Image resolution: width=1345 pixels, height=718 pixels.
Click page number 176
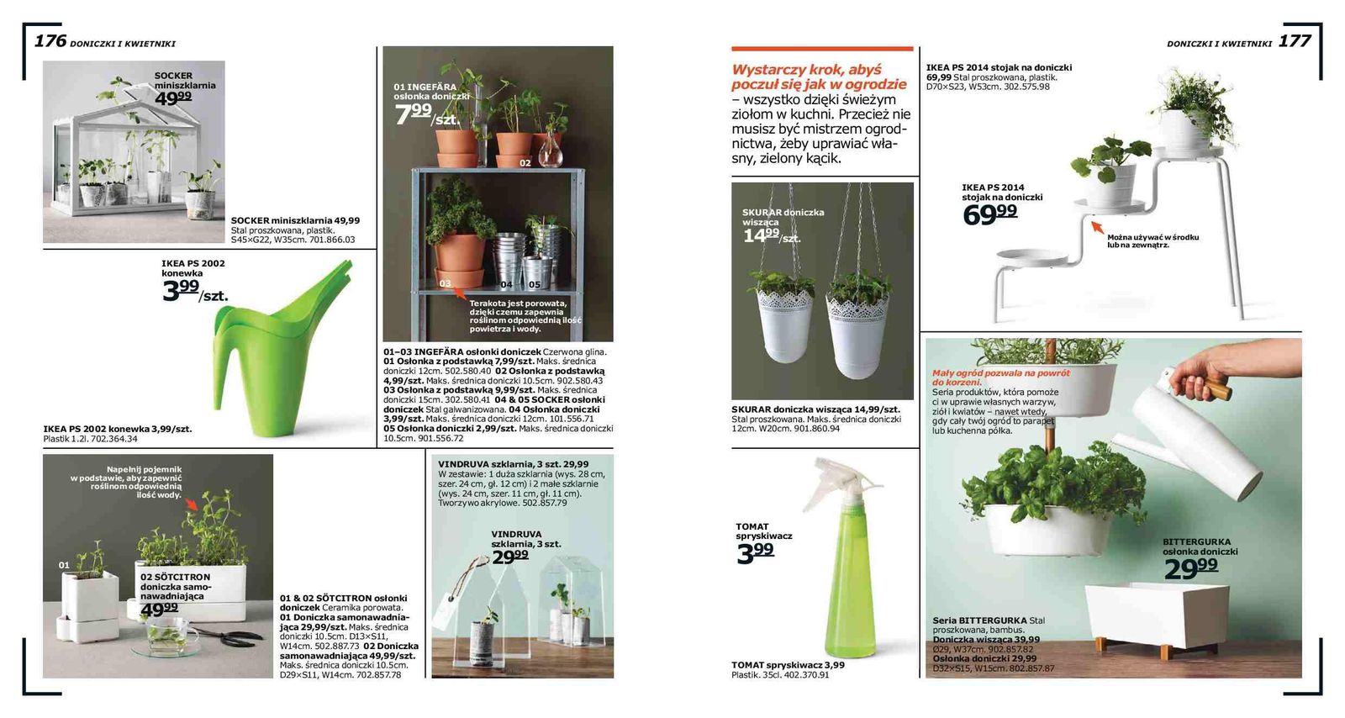tap(50, 40)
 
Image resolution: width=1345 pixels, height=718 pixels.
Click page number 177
tap(1294, 40)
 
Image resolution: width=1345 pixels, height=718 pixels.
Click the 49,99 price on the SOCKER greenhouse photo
tap(173, 98)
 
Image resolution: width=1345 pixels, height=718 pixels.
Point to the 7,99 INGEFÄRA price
tap(414, 114)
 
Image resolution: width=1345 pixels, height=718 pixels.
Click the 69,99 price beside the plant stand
tap(989, 214)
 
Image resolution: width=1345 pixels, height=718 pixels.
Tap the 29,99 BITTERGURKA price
tap(1190, 569)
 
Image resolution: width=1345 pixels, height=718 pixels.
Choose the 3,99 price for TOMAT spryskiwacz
tap(755, 553)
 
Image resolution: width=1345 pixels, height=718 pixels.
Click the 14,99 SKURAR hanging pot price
tap(761, 235)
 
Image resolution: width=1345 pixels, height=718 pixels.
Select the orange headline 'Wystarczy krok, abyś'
tap(806, 70)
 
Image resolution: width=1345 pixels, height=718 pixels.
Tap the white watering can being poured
tap(1194, 437)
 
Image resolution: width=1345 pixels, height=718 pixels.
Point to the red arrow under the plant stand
tap(1096, 226)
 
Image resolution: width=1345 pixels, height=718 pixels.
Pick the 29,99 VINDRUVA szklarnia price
tap(510, 557)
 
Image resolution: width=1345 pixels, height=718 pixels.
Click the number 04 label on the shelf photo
tap(506, 284)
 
